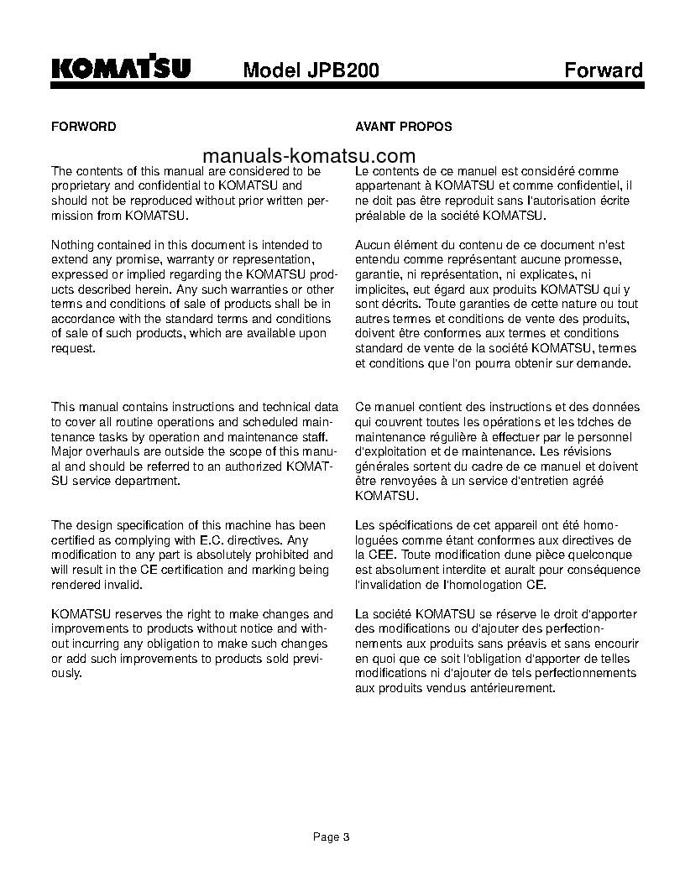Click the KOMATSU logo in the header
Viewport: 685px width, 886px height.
(x=121, y=68)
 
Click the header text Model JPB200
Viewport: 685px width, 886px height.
(x=311, y=70)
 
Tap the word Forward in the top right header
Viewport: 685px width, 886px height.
(x=603, y=70)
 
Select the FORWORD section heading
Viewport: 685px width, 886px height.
(x=84, y=127)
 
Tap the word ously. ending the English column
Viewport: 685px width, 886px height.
(x=66, y=674)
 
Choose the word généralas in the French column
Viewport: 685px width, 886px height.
(x=382, y=466)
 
